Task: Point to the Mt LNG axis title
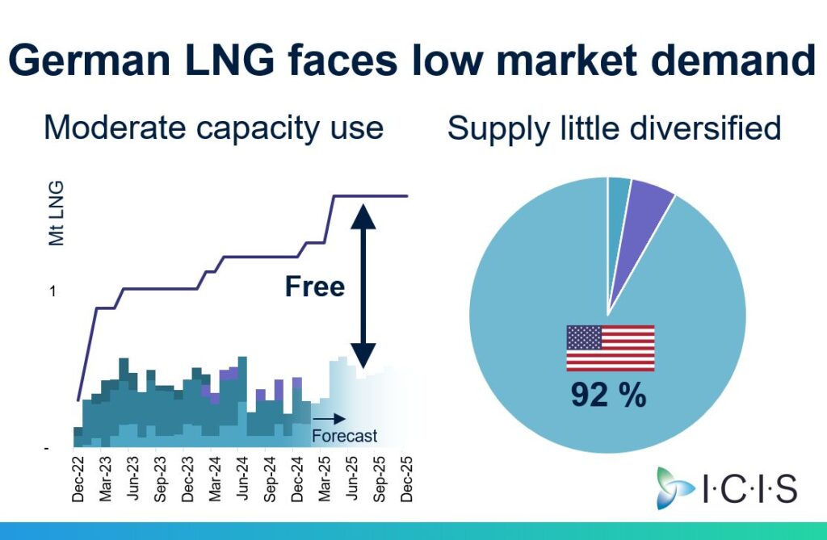57,213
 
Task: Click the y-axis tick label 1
53,291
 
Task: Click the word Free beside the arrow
315,287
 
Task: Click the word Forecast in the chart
346,437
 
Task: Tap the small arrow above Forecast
330,419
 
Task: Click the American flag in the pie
610,348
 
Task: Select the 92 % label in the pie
608,395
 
